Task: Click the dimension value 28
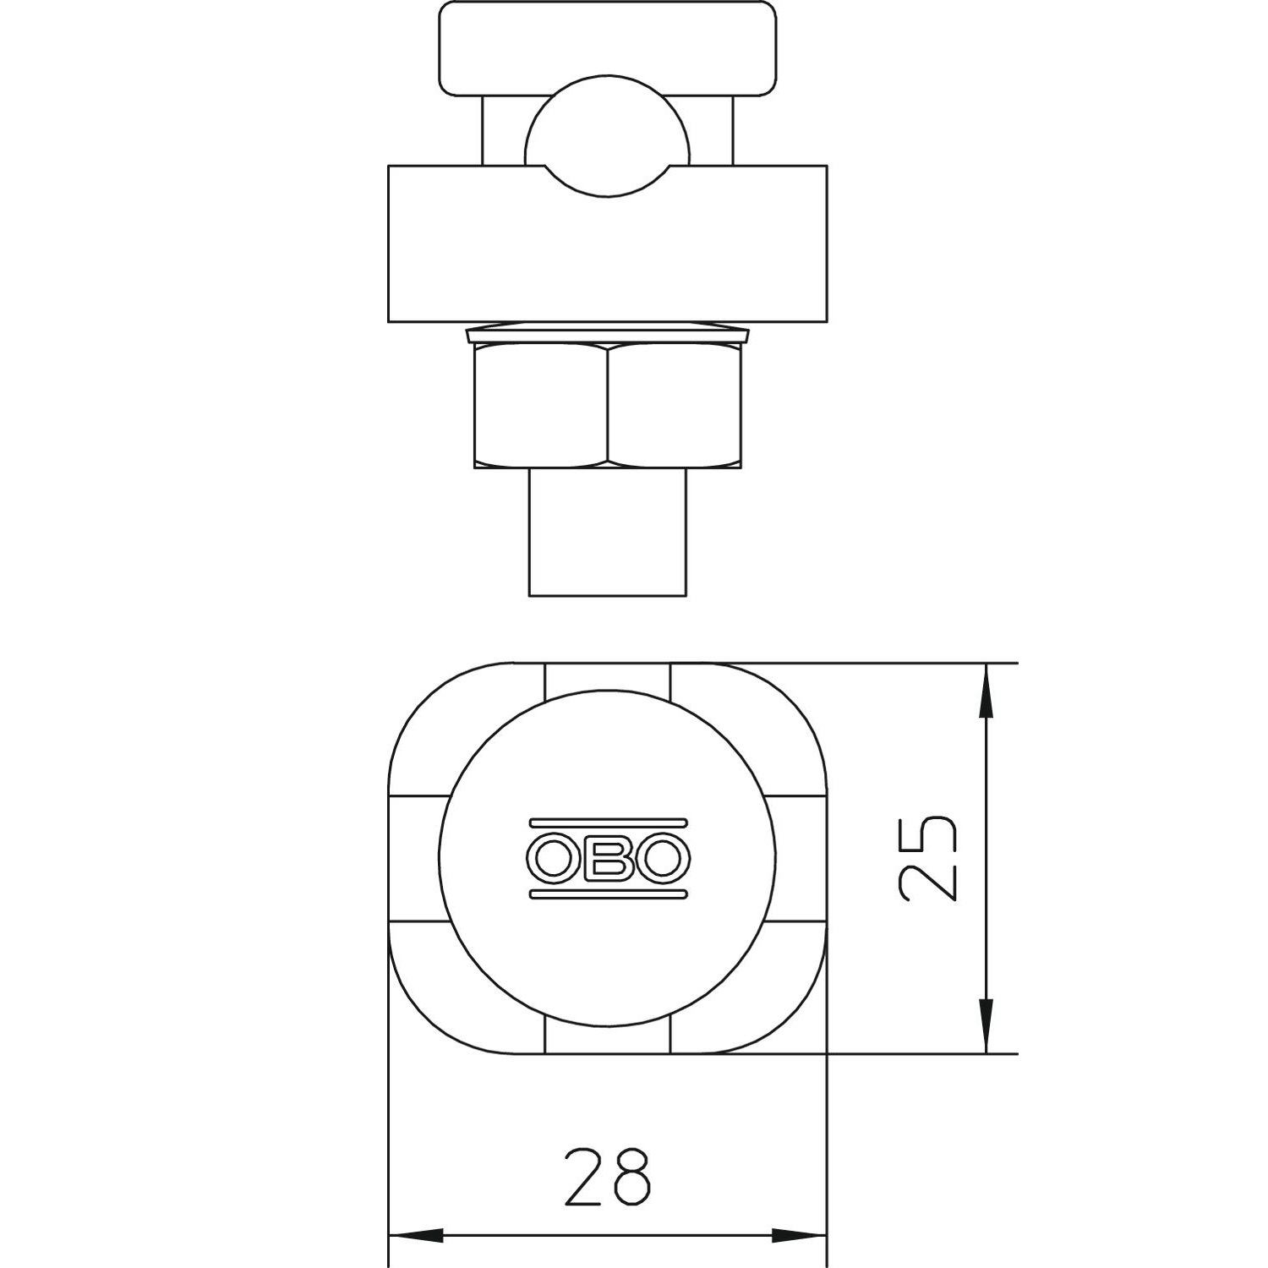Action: [x=608, y=1176]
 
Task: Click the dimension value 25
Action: [x=927, y=859]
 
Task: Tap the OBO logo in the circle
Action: [x=608, y=858]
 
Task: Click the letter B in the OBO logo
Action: [x=608, y=858]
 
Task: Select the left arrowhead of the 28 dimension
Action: [x=416, y=1235]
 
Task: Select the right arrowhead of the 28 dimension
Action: [x=799, y=1235]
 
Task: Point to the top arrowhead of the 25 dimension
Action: [x=986, y=691]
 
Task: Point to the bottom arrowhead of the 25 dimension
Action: [x=986, y=1025]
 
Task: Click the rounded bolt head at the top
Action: [x=608, y=48]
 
